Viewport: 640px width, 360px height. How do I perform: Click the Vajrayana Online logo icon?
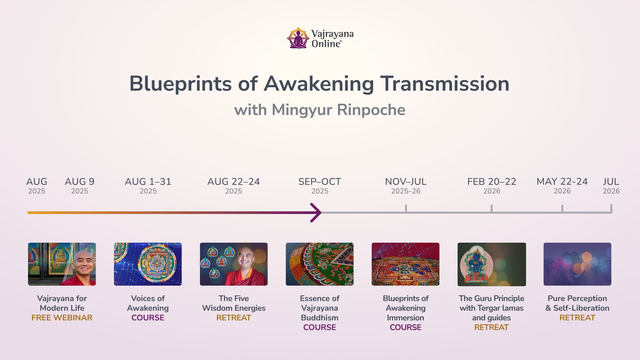(x=298, y=38)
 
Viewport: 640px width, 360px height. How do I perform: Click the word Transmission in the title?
(x=445, y=83)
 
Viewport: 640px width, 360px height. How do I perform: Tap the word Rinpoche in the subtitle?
(x=371, y=110)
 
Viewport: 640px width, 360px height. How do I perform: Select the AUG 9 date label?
(x=80, y=186)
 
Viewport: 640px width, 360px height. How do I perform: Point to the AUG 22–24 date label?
(x=234, y=186)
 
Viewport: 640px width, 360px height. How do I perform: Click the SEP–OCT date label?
(x=320, y=186)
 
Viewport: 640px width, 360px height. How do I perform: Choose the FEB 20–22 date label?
(x=492, y=186)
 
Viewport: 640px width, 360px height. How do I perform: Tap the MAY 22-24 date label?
(x=562, y=186)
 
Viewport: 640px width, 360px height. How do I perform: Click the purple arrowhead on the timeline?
(x=316, y=212)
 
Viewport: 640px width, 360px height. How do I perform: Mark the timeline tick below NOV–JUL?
(x=406, y=209)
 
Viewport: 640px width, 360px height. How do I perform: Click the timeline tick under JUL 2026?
(x=611, y=209)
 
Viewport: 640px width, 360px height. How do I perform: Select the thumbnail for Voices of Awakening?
(x=148, y=264)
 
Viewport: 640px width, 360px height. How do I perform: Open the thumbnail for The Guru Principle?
(x=492, y=264)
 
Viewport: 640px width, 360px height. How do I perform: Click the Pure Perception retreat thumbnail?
(x=577, y=264)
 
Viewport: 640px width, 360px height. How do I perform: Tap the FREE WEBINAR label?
(x=62, y=318)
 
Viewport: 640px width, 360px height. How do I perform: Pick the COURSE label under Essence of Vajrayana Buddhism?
(x=320, y=327)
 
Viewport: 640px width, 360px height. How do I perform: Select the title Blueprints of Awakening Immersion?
(x=406, y=308)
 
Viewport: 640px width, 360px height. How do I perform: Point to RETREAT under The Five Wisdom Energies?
(x=234, y=318)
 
